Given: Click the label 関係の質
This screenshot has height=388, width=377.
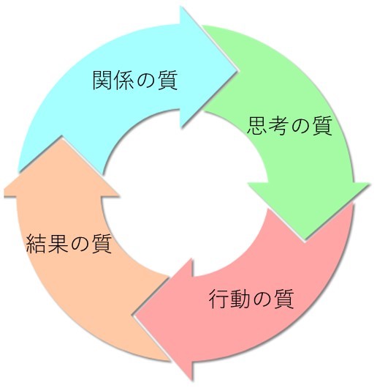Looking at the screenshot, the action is click(135, 81).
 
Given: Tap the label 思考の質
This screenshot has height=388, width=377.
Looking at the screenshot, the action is click(289, 126).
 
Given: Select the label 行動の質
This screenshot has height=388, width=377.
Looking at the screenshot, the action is click(251, 299).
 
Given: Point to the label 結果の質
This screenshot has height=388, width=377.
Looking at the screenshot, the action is click(69, 244).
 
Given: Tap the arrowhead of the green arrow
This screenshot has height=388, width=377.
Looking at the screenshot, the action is click(308, 208).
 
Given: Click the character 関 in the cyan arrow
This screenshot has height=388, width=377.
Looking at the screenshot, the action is click(102, 81).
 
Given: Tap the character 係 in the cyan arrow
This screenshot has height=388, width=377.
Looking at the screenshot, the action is click(124, 81).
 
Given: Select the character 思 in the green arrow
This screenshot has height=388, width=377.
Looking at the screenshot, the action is click(257, 126).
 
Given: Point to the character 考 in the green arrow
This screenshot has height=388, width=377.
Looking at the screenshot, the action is click(279, 126).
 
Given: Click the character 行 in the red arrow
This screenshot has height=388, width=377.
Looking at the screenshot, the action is click(218, 299).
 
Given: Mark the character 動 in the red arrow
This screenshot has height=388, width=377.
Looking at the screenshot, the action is click(240, 299).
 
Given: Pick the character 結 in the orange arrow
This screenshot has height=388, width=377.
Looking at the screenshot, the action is click(36, 244).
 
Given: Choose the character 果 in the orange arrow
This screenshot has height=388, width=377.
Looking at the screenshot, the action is click(58, 244).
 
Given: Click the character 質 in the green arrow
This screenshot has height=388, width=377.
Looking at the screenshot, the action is click(322, 126).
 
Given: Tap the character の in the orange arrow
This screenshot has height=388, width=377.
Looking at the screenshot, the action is click(80, 245).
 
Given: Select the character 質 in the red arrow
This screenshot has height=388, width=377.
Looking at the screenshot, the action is click(284, 299).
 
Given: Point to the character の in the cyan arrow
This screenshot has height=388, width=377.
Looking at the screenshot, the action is click(146, 81).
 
